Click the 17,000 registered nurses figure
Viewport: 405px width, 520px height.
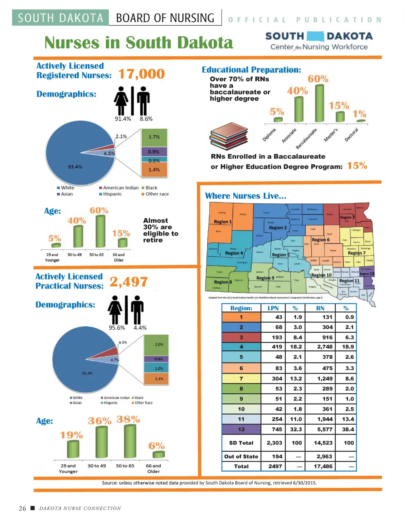(x=141, y=74)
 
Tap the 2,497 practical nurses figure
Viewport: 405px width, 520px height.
(x=129, y=282)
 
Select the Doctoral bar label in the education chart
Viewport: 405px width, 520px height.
(x=351, y=135)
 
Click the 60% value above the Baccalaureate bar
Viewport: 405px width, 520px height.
(x=318, y=79)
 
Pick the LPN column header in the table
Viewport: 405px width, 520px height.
(x=273, y=308)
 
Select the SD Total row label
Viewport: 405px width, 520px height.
(x=241, y=443)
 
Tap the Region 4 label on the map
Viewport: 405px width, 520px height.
(x=234, y=253)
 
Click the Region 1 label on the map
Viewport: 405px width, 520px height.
(x=223, y=222)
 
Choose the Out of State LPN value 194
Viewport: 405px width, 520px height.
(x=277, y=456)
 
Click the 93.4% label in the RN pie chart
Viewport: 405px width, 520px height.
(x=75, y=167)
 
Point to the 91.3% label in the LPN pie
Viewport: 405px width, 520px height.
(x=87, y=373)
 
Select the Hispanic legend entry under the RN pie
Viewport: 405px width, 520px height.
(x=112, y=194)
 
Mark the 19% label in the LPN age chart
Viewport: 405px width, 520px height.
(x=71, y=435)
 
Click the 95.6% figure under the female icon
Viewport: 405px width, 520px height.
(x=117, y=328)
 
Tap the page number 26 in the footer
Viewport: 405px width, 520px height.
(x=23, y=509)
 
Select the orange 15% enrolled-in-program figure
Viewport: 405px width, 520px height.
(x=357, y=166)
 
